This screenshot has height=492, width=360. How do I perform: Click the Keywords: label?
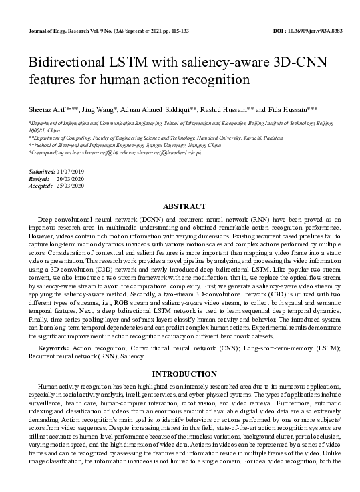(x=53, y=349)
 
